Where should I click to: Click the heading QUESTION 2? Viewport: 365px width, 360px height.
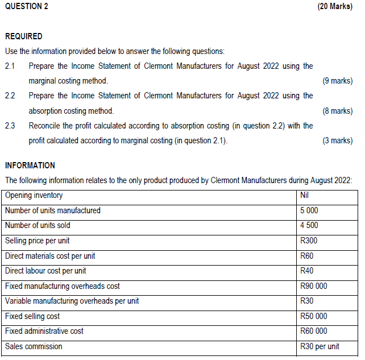26,6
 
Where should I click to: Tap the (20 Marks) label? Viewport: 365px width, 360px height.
335,6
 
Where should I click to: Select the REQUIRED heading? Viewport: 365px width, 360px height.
23,36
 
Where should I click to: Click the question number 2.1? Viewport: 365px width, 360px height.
10,66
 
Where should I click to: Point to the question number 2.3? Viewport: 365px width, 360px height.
10,125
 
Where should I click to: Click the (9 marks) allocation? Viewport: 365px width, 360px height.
337,81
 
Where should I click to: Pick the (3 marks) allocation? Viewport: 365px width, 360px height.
337,140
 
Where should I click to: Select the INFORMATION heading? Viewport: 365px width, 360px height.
30,165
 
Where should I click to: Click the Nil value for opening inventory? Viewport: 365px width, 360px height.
305,196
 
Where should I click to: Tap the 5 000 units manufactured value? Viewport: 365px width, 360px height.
309,210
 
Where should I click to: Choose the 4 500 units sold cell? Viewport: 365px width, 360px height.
309,225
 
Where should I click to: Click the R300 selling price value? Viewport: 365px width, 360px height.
309,241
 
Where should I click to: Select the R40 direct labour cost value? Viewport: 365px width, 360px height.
307,271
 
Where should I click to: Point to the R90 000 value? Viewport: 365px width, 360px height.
313,286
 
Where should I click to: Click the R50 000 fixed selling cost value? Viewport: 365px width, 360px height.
313,316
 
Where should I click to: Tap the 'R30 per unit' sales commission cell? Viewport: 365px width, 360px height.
320,346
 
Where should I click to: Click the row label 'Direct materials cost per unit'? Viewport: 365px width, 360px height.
50,256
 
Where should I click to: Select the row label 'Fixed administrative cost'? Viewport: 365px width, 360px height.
44,331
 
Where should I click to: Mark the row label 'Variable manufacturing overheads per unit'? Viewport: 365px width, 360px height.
72,301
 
